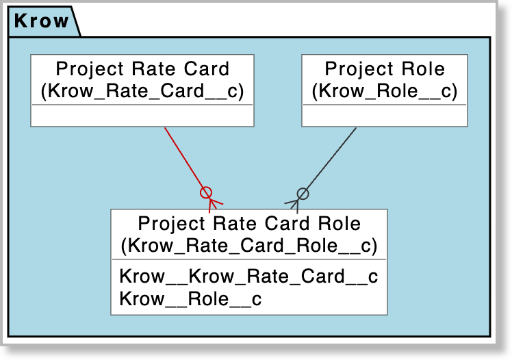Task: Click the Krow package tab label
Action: click(42, 21)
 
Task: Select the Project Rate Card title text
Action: click(142, 69)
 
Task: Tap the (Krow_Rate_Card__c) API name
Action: click(142, 91)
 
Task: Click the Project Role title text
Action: click(385, 69)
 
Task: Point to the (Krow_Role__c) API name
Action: click(385, 91)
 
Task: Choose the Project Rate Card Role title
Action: click(249, 223)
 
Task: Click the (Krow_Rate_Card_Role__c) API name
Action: click(249, 245)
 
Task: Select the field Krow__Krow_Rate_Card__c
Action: click(248, 277)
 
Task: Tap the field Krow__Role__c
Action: click(190, 299)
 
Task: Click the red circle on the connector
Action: click(205, 192)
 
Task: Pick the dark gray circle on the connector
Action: click(303, 193)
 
